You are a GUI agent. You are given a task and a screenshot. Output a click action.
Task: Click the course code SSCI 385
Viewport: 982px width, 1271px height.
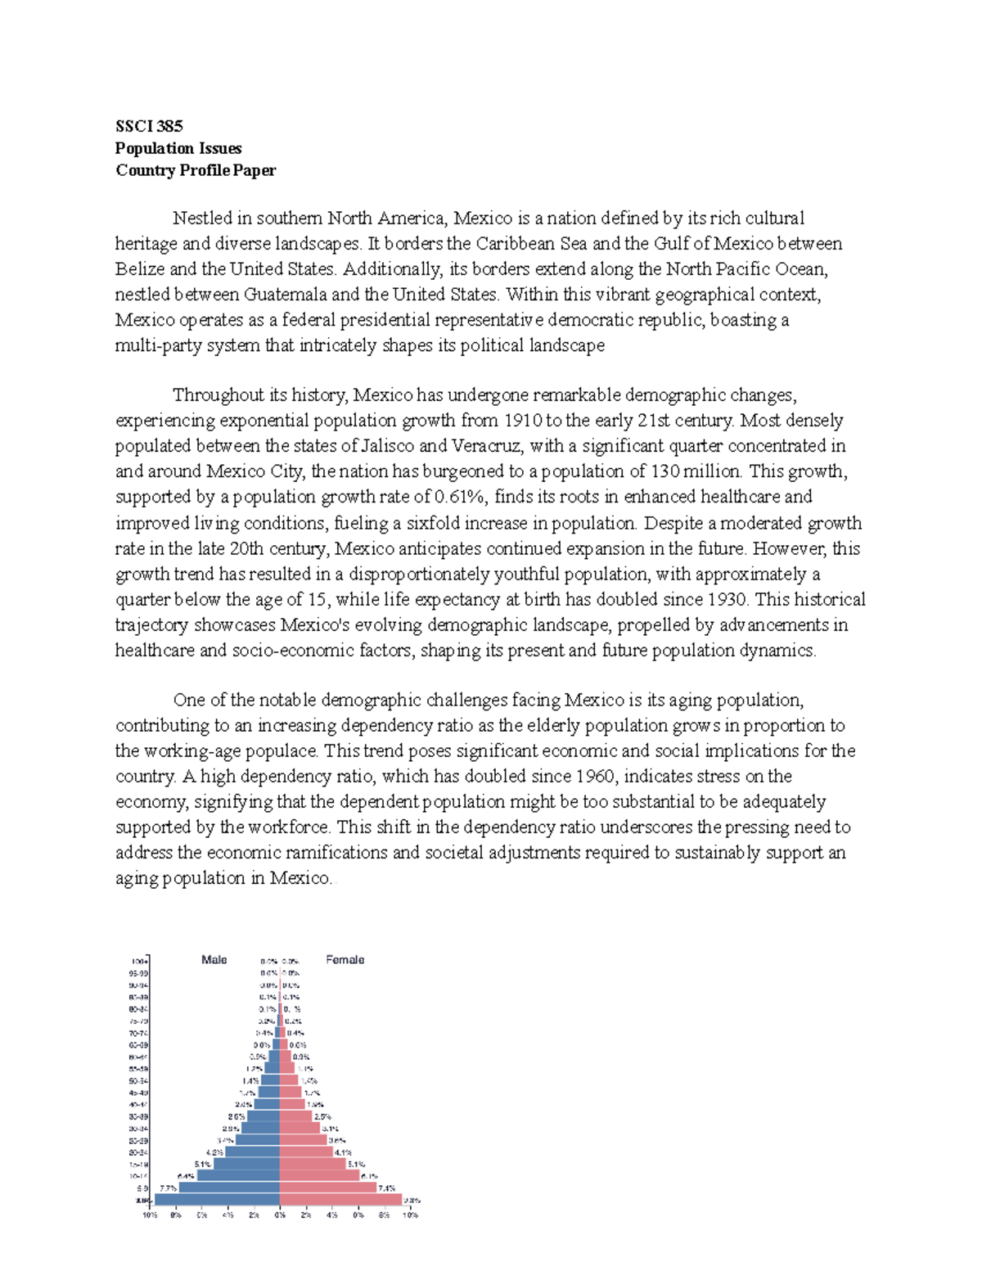point(149,126)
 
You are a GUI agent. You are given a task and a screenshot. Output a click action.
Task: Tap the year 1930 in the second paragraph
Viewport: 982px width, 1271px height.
point(727,599)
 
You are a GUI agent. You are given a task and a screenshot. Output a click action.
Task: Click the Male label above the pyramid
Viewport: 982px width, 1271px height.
point(214,959)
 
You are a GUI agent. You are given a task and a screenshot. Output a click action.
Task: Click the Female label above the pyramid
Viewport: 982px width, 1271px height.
point(345,959)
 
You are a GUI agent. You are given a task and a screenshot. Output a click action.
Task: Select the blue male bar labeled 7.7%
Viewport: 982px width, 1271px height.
point(229,1188)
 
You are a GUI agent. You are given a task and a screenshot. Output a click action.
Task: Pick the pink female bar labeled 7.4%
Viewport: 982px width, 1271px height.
point(327,1188)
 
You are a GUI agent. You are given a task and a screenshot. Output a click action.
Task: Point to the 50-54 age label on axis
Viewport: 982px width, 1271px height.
point(138,1080)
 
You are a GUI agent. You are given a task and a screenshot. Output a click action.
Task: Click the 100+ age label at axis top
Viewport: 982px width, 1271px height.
point(138,961)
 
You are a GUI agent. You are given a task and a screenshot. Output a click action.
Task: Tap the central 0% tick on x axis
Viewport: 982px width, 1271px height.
point(280,1215)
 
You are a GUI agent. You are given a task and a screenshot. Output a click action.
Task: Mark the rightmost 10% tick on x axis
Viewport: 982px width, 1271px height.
point(410,1215)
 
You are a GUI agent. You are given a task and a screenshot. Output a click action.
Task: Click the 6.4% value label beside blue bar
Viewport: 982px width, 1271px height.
point(186,1175)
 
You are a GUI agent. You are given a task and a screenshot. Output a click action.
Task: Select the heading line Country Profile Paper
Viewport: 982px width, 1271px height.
point(196,170)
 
